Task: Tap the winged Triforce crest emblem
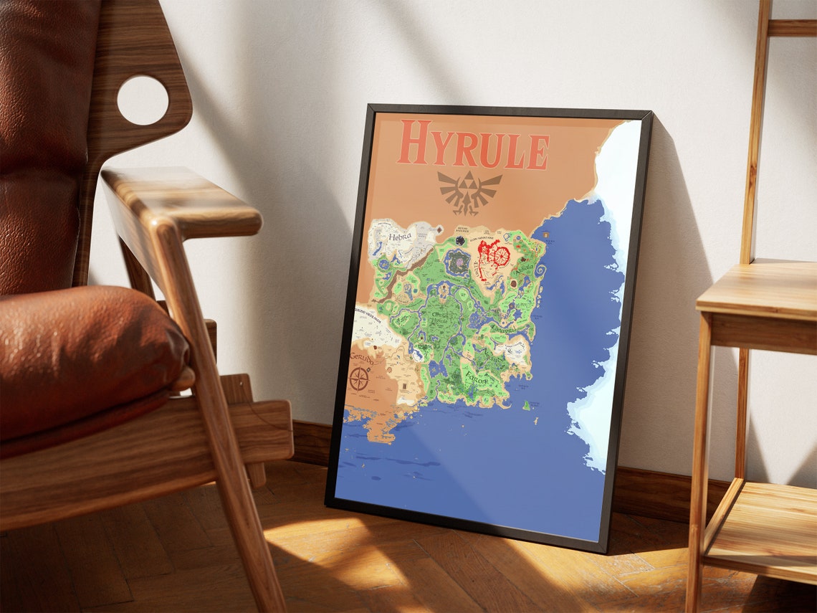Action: [469, 191]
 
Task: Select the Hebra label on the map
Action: [399, 237]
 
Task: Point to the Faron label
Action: [475, 380]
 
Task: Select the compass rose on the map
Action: [359, 379]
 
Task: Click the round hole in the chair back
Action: [143, 100]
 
